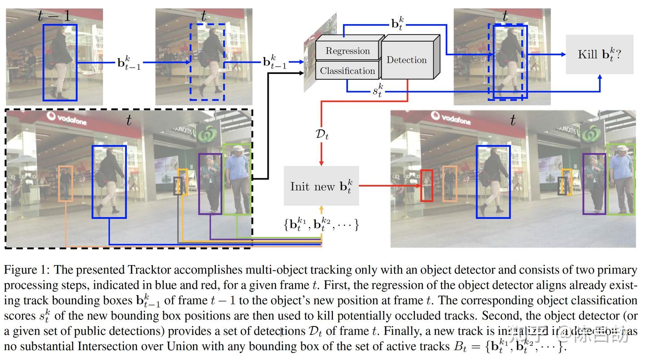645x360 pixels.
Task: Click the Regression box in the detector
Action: (x=348, y=51)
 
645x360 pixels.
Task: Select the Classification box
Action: (x=348, y=71)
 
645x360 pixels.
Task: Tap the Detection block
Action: (x=407, y=60)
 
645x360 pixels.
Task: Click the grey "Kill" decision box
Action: (x=599, y=55)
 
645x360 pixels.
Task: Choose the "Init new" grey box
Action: (x=321, y=186)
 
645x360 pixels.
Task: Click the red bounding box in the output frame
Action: (x=426, y=185)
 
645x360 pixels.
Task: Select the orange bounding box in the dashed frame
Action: (x=66, y=184)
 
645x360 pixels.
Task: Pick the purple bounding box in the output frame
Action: (x=594, y=184)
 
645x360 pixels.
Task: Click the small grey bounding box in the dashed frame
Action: (x=178, y=186)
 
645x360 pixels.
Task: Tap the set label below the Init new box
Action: (x=321, y=224)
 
